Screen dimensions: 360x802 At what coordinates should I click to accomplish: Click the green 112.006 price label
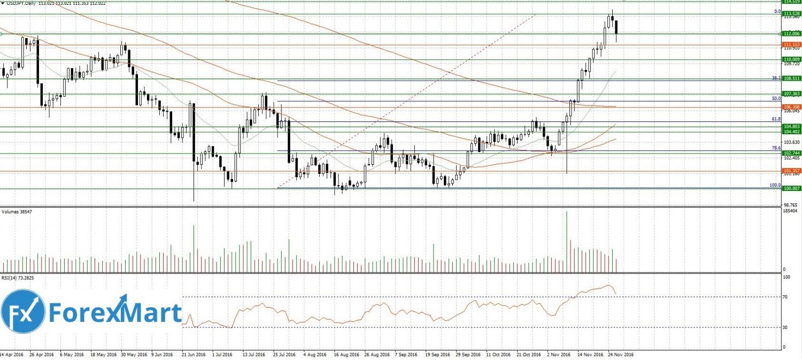pos(791,33)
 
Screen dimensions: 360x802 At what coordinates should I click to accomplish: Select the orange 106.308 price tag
pos(791,107)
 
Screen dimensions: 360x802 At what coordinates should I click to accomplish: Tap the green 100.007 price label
pos(791,188)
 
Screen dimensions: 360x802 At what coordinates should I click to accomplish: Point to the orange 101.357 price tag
pos(791,171)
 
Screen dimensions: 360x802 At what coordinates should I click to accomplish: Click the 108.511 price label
pos(791,78)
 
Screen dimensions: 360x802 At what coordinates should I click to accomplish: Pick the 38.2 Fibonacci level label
pos(776,78)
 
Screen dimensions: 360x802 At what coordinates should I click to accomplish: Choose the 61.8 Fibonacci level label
pos(776,119)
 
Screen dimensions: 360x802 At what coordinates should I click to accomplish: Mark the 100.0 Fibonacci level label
pos(775,185)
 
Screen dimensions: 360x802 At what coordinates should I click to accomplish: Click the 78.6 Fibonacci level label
pos(776,148)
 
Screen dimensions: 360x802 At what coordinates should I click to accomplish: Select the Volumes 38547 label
pos(16,211)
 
